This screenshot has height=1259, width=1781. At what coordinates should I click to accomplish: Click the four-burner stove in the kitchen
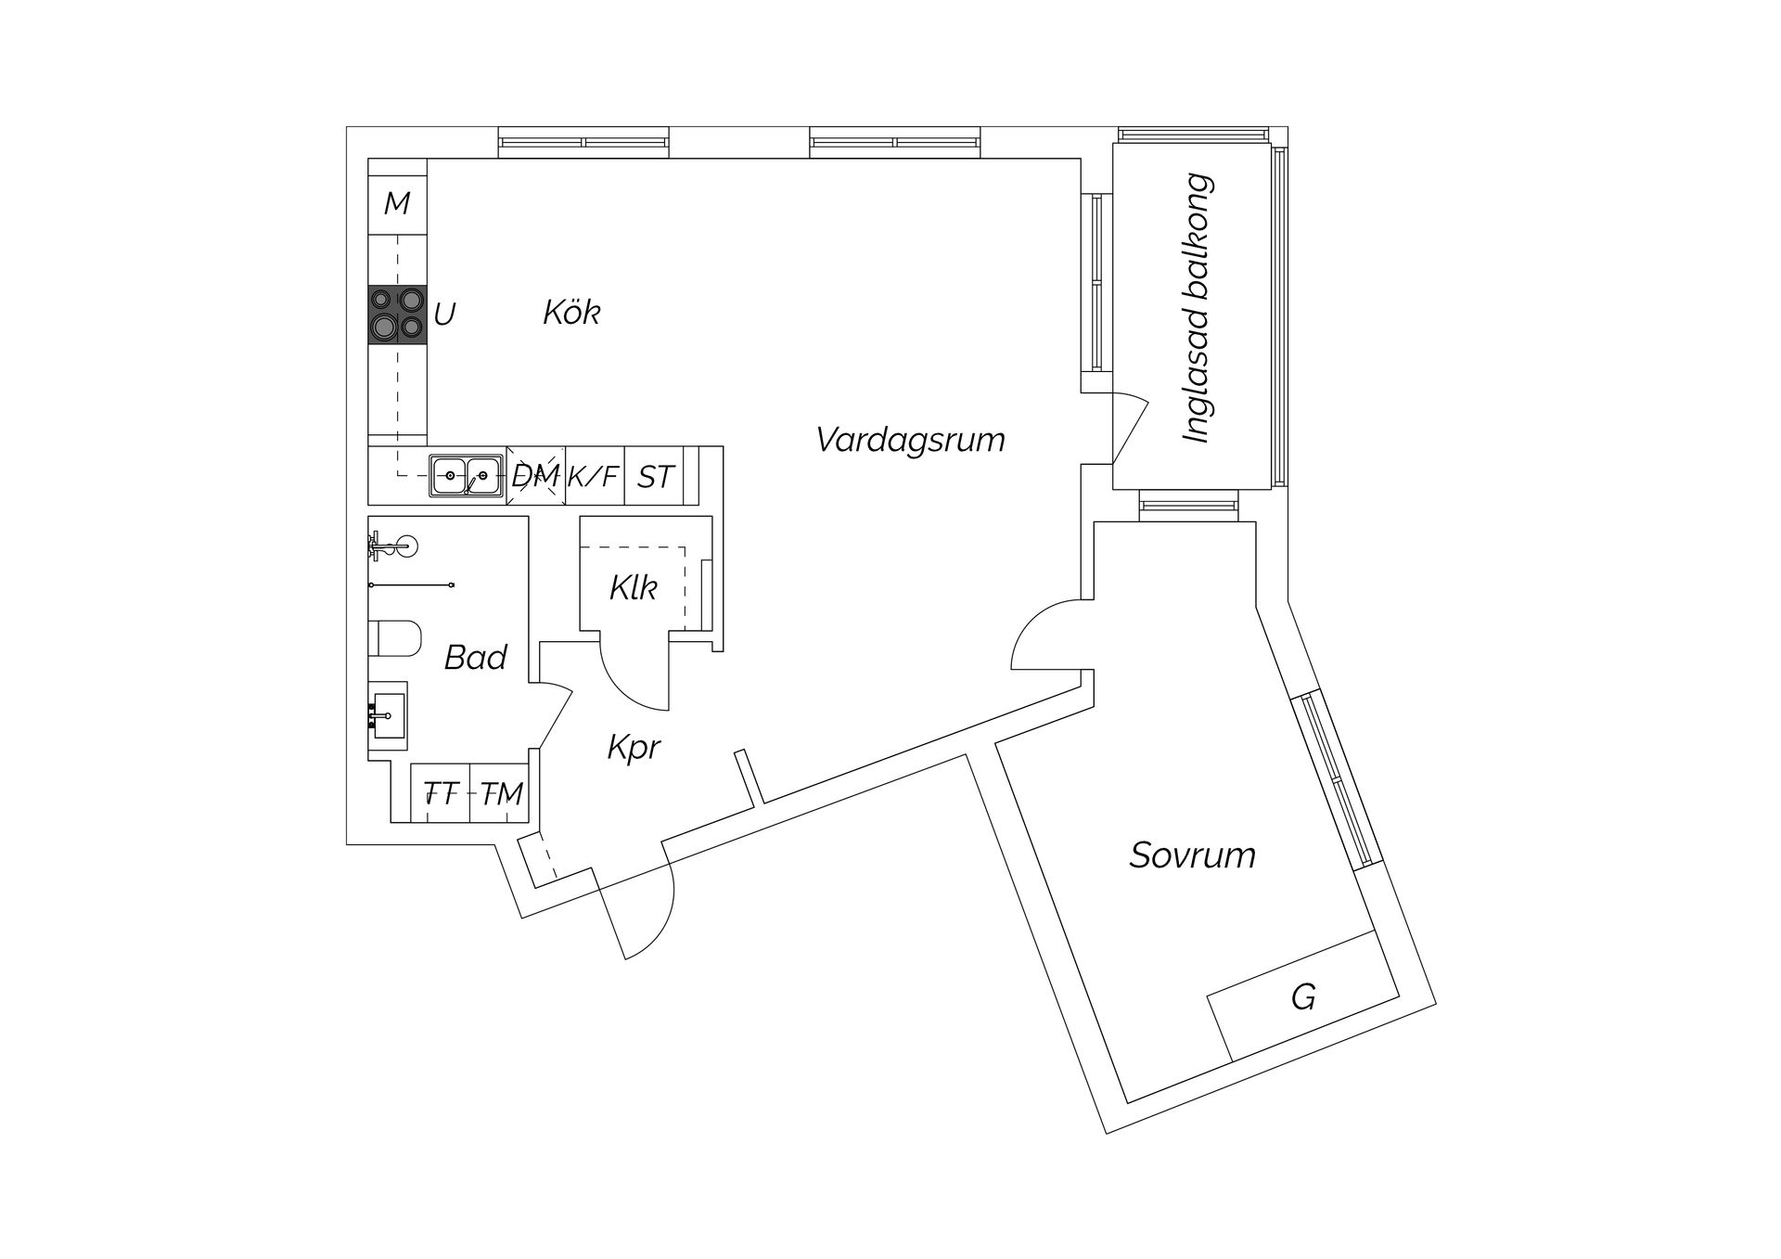tap(397, 314)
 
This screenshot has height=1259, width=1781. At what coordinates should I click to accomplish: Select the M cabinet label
tap(397, 203)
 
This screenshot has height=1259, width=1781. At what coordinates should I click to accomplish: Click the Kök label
tap(571, 313)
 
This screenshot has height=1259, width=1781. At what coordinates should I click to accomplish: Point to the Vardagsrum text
tap(910, 439)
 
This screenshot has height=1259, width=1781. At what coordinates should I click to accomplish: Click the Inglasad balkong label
tap(1198, 308)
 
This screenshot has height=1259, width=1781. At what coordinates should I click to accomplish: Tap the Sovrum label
tap(1192, 854)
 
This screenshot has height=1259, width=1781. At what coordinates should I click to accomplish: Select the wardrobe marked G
tap(1302, 998)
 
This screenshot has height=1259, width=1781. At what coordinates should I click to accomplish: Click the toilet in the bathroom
tap(395, 638)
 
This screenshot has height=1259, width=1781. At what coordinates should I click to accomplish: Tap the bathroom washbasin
tap(388, 714)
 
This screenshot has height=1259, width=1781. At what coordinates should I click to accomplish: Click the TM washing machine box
tap(502, 794)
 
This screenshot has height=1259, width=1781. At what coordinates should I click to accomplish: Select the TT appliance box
tap(441, 794)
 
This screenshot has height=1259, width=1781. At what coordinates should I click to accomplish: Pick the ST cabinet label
tap(654, 477)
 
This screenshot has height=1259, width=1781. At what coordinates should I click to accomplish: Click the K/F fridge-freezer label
tap(593, 477)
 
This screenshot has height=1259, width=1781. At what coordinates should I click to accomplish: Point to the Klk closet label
tap(634, 587)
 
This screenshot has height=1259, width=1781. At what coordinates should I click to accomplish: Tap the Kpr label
tap(634, 747)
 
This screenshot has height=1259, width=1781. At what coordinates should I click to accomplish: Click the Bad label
tap(475, 658)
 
